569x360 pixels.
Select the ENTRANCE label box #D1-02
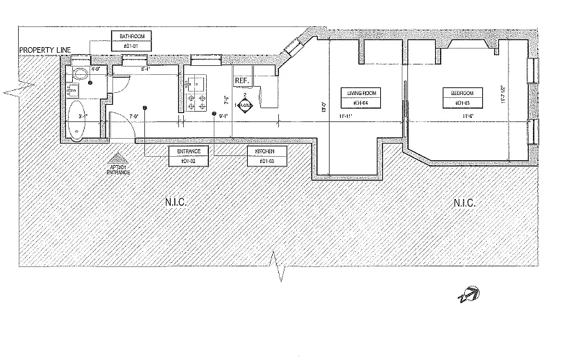pyautogui.click(x=189, y=156)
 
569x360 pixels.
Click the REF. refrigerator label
pyautogui.click(x=241, y=81)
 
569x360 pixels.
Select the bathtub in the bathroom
pyautogui.click(x=76, y=121)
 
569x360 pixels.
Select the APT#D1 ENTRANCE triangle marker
pyautogui.click(x=118, y=157)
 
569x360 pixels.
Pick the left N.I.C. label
pyautogui.click(x=177, y=203)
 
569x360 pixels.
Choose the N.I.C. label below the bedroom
pyautogui.click(x=464, y=203)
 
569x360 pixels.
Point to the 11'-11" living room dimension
pyautogui.click(x=345, y=117)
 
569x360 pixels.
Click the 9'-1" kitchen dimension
pyautogui.click(x=223, y=117)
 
